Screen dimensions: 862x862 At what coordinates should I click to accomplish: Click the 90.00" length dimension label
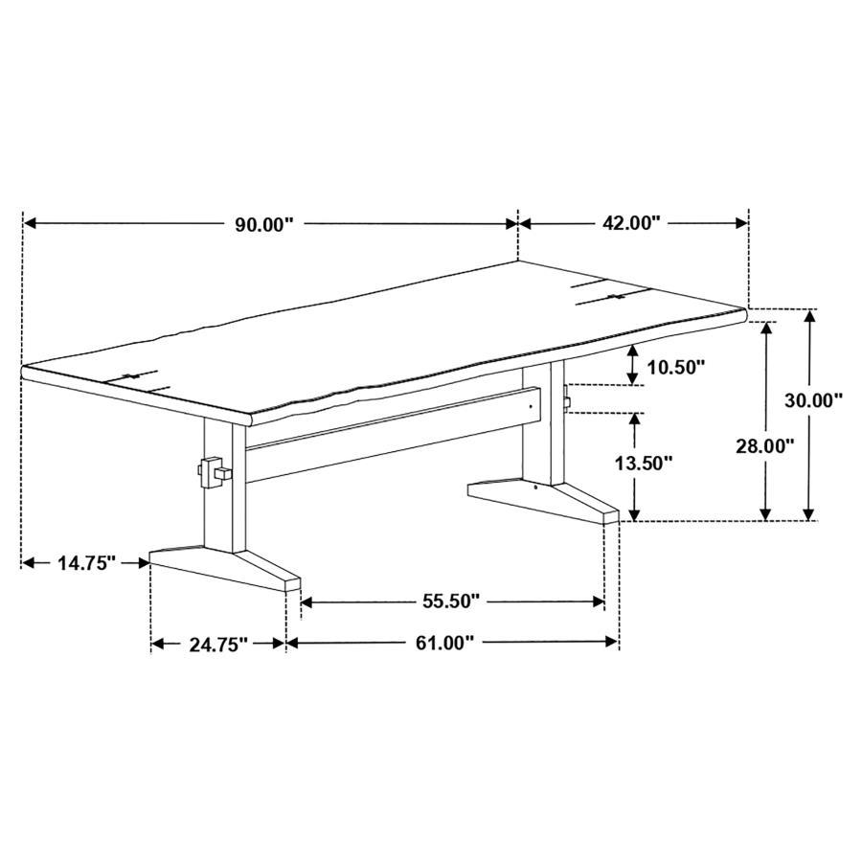pyautogui.click(x=263, y=224)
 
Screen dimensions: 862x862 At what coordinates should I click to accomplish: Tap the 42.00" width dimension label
pyautogui.click(x=631, y=223)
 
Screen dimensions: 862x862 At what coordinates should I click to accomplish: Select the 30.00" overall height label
pyautogui.click(x=813, y=400)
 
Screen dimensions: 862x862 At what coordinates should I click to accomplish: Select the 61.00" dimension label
pyautogui.click(x=444, y=643)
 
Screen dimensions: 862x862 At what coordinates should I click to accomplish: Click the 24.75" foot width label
pyautogui.click(x=218, y=644)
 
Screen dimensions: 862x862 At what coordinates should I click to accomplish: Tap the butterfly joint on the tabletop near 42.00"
pyautogui.click(x=610, y=294)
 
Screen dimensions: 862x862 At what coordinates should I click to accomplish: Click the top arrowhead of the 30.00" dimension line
pyautogui.click(x=810, y=316)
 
